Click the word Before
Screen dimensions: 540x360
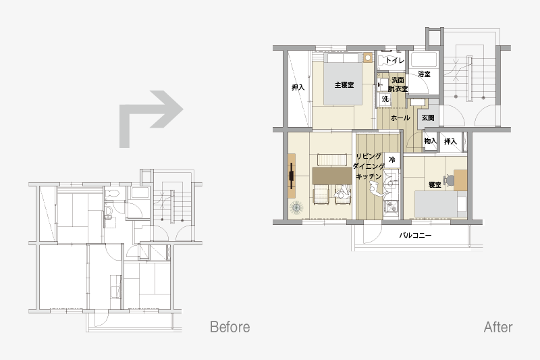pos(230,327)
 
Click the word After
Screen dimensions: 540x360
pos(498,327)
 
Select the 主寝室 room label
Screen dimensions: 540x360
pos(344,84)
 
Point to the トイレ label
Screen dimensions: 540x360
pos(395,60)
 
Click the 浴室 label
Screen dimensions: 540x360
pos(424,74)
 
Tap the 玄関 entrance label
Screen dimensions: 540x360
pos(428,118)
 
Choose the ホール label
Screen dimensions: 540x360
pos(400,118)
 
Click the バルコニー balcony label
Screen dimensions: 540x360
pos(415,236)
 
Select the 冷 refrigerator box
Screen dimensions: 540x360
pos(392,160)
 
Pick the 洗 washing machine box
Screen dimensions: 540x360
pos(385,99)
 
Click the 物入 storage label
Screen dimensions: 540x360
pos(430,141)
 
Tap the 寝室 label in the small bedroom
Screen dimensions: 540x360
pos(435,185)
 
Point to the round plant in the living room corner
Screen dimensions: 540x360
pos(296,208)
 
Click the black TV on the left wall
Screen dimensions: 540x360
pos(292,176)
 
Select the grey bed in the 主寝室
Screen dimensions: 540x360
pos(343,79)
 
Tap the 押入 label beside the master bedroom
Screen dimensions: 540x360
pos(298,88)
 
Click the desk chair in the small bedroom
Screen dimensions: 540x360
pos(449,180)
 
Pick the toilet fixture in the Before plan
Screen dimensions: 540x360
pos(111,194)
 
